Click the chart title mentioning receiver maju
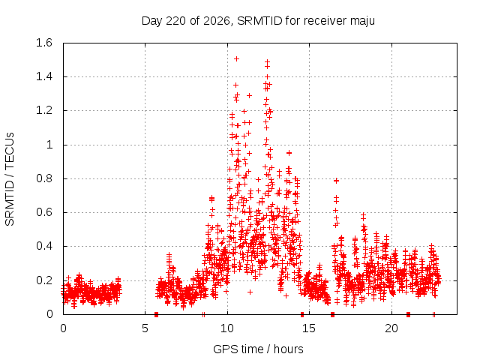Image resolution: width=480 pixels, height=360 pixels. click(x=258, y=21)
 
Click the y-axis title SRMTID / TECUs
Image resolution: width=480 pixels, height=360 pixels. click(x=10, y=179)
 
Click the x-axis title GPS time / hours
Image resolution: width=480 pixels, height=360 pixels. click(x=258, y=349)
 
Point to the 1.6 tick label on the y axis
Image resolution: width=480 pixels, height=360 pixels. click(x=44, y=43)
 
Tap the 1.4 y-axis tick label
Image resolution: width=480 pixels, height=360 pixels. click(x=44, y=76)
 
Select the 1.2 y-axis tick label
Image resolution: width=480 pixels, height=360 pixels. click(x=44, y=110)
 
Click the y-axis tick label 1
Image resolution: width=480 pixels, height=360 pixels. click(x=49, y=145)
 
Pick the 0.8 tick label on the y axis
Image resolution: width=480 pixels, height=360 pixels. click(x=44, y=178)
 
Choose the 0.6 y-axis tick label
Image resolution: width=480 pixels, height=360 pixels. click(x=44, y=212)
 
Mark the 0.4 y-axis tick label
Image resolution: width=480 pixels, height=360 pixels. click(x=44, y=246)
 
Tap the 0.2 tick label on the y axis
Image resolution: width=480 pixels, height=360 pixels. click(x=44, y=280)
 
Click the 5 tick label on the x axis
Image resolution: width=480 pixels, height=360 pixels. click(x=145, y=328)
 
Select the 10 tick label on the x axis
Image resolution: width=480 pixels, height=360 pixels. click(x=227, y=328)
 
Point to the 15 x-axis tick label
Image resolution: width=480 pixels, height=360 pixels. click(x=309, y=328)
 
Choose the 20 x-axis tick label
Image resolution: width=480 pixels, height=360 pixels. click(x=391, y=328)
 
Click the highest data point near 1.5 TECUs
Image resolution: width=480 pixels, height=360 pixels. click(x=236, y=58)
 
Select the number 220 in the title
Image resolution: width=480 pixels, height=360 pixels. click(x=175, y=21)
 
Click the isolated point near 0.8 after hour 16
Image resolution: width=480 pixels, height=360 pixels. click(x=337, y=181)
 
